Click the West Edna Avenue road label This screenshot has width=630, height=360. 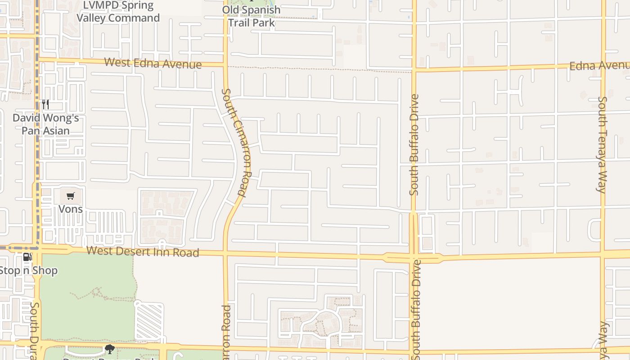click(x=153, y=63)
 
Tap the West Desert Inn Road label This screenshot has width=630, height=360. click(x=143, y=252)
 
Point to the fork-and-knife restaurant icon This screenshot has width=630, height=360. click(x=45, y=104)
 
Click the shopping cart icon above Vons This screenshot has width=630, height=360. click(x=70, y=196)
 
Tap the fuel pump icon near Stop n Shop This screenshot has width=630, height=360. click(x=27, y=257)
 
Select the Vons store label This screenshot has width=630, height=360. click(x=71, y=209)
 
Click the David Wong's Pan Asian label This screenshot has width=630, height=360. click(x=46, y=125)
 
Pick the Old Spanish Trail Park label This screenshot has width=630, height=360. click(x=252, y=16)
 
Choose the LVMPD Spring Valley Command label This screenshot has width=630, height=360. click(x=118, y=12)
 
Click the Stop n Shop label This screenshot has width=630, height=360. click(x=28, y=270)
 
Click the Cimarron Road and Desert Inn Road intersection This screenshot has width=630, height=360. click(x=225, y=253)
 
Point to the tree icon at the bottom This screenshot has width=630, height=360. click(x=109, y=349)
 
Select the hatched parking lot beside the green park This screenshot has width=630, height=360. click(x=149, y=321)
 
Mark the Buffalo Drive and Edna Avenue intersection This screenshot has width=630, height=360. click(x=414, y=70)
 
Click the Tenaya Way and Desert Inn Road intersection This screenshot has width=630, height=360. click(x=603, y=255)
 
